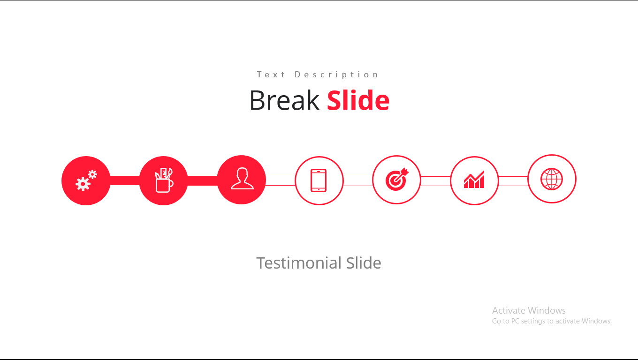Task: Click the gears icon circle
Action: (x=86, y=180)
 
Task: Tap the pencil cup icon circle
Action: (x=163, y=180)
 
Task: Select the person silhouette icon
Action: (x=242, y=179)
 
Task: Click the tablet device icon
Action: (x=319, y=180)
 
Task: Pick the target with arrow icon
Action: (x=397, y=179)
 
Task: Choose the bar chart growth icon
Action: (x=474, y=179)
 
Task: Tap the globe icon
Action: (x=552, y=179)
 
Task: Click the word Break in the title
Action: (x=284, y=100)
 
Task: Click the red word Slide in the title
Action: (x=358, y=100)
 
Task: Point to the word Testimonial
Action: (x=299, y=262)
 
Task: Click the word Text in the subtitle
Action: (x=271, y=75)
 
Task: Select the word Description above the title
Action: (x=336, y=75)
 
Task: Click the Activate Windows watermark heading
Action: (x=529, y=310)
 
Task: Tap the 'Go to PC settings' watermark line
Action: (x=552, y=321)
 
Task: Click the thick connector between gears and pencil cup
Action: (x=125, y=180)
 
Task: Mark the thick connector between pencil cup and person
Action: (x=203, y=180)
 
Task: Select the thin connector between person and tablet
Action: (x=280, y=180)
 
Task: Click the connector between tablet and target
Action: (x=358, y=181)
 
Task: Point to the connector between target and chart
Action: (x=435, y=181)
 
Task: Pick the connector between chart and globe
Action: (x=513, y=181)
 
